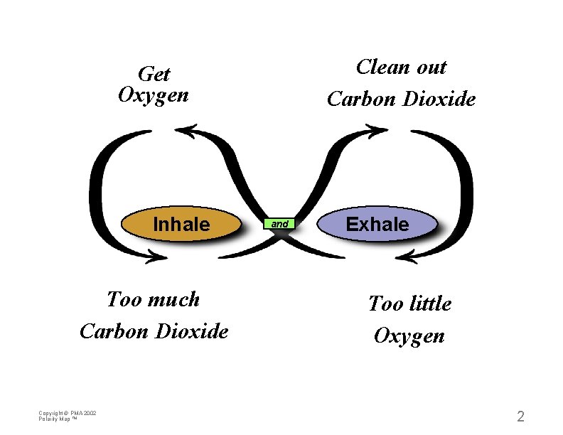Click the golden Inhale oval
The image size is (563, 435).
click(181, 225)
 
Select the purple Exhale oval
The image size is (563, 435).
click(377, 225)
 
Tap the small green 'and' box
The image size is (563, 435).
click(280, 224)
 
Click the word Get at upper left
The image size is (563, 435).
click(154, 74)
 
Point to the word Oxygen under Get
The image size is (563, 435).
click(154, 95)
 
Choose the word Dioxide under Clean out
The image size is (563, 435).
click(439, 99)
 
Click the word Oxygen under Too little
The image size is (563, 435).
click(409, 335)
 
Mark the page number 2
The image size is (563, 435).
click(520, 417)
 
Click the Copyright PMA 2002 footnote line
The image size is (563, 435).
click(68, 413)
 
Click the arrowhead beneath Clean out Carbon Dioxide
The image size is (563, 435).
click(377, 130)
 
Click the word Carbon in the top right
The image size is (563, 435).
click(361, 99)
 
